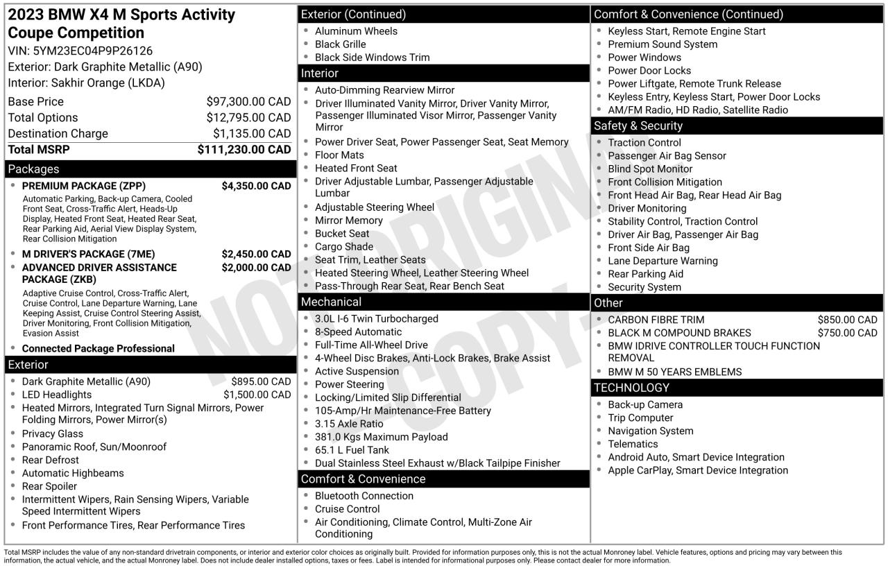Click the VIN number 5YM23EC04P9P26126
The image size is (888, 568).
coord(92,51)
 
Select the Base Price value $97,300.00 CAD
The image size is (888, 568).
coord(248,102)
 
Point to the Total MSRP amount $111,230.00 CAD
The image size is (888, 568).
coord(244,150)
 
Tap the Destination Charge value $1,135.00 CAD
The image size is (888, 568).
coord(252,134)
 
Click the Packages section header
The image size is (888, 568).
coord(33,169)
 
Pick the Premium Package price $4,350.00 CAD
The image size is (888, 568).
coord(256,186)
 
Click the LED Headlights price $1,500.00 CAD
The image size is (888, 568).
coord(257,395)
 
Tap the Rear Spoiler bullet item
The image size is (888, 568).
coord(50,486)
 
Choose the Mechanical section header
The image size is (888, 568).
coord(331,302)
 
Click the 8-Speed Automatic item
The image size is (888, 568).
coord(358,332)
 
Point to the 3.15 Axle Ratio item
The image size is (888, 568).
coord(348,424)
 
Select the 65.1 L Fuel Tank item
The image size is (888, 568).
coord(352,450)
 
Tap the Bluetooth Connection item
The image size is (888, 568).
coord(364,496)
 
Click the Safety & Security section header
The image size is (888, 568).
coord(638,126)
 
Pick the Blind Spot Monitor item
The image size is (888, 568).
coord(650,169)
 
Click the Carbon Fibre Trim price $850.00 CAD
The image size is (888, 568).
coord(847,320)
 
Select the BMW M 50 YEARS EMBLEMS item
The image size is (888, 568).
coord(674,372)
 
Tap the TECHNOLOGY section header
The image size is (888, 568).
coord(631,388)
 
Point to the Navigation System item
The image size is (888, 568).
coord(650,431)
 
